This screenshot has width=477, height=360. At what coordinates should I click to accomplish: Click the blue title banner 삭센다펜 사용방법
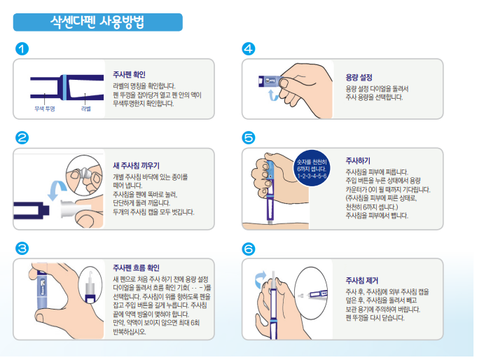97,22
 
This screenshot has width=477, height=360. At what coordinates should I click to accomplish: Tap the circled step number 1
22,49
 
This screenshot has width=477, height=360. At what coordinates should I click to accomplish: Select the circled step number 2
22,138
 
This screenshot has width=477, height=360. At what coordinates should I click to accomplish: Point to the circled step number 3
22,249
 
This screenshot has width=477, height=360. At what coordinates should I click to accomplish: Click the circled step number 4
249,49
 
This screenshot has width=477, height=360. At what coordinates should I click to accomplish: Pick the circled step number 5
249,138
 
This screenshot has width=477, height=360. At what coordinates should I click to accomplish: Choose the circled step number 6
249,249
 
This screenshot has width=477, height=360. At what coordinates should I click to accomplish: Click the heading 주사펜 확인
130,74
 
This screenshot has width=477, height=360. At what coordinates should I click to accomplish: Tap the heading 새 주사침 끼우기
137,165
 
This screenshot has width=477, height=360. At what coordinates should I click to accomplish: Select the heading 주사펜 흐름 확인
137,268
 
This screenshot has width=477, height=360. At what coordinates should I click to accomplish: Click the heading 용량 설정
359,78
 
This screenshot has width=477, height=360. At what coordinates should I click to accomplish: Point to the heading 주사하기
358,160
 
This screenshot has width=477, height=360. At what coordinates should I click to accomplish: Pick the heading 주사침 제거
362,280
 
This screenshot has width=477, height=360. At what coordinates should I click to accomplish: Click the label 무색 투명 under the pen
45,109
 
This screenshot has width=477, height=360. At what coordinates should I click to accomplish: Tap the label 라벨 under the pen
86,109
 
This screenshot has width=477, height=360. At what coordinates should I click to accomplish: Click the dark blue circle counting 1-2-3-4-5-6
312,168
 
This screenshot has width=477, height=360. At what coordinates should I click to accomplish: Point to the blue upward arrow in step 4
273,95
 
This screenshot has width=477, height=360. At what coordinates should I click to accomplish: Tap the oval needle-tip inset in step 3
90,286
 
